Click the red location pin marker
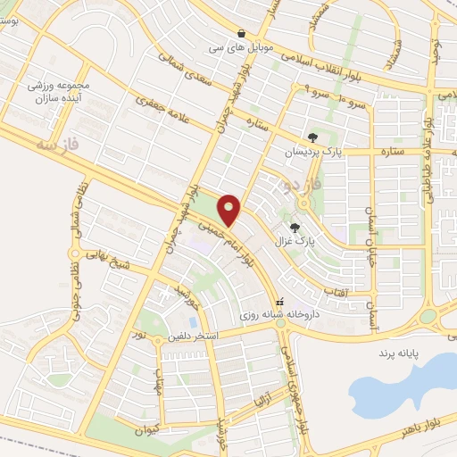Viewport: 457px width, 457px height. tap(230, 210)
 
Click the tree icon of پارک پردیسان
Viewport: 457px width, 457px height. tap(312, 137)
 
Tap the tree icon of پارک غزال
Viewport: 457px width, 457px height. tap(295, 227)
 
